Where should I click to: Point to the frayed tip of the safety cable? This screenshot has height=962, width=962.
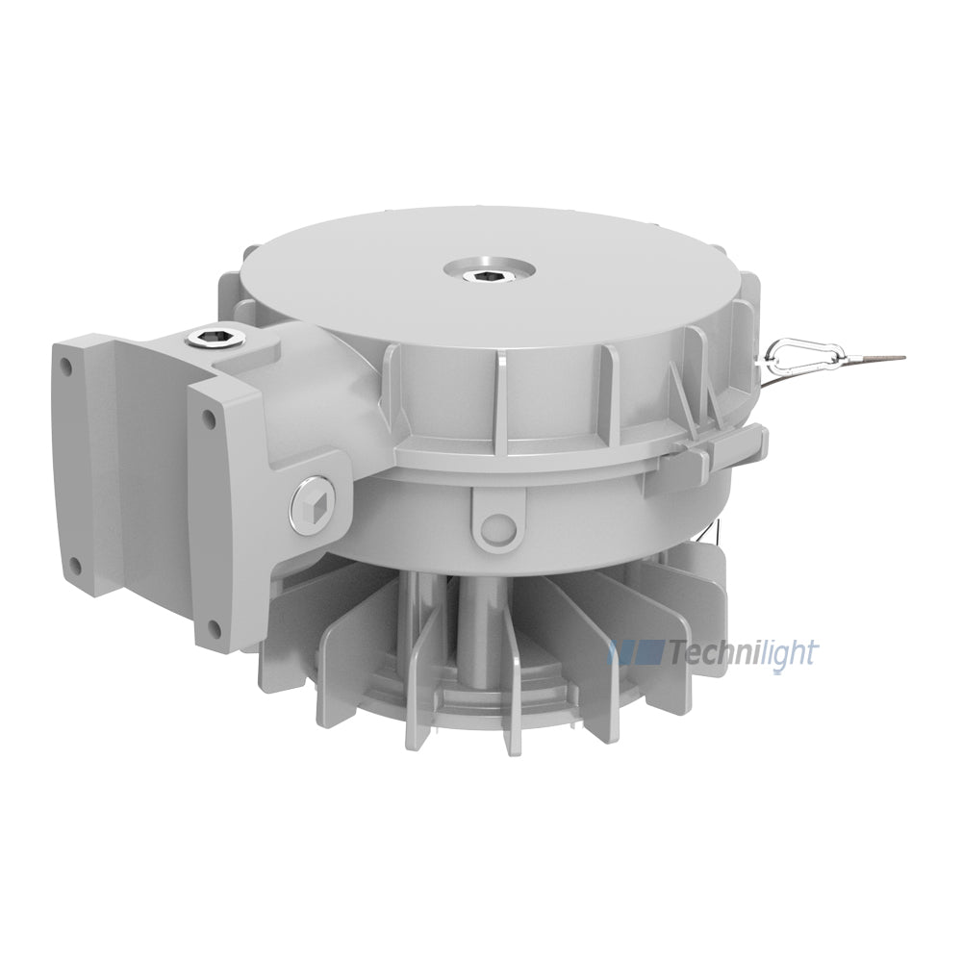point(902,357)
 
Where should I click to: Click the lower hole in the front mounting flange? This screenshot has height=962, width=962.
point(215,626)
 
